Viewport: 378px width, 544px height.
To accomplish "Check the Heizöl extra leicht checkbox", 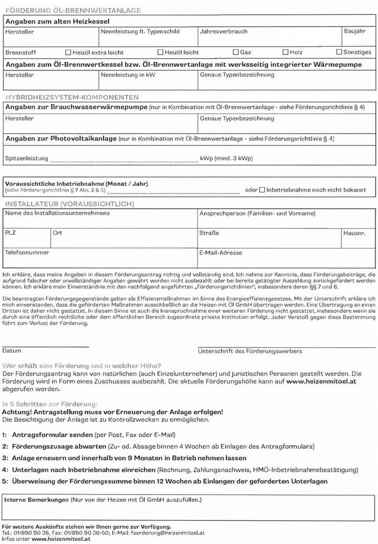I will click(68, 52).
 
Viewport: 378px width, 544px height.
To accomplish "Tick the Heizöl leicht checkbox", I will click(160, 52).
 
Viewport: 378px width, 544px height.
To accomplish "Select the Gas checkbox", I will click(236, 52).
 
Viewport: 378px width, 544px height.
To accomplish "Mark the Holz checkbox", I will click(285, 52).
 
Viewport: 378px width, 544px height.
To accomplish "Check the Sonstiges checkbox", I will click(339, 52).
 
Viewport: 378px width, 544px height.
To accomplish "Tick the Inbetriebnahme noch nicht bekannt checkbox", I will click(262, 190).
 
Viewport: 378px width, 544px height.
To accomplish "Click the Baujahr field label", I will click(354, 32).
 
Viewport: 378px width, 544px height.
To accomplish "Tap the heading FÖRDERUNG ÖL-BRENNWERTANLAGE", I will click(73, 11).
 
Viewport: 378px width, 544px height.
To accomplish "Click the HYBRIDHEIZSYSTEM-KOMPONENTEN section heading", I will click(72, 97).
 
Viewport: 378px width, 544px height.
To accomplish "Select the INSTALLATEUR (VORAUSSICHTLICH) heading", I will click(69, 204).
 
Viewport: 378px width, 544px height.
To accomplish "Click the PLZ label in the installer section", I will click(11, 233).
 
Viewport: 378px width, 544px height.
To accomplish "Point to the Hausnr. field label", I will click(354, 233).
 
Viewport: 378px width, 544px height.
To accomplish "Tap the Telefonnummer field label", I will click(27, 252).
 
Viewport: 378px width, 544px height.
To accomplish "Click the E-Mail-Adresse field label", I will click(221, 253).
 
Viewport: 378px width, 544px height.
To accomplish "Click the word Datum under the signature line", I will click(12, 351).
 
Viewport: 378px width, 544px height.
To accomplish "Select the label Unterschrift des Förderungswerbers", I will click(250, 351).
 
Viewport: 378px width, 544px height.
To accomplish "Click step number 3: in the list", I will click(4, 458).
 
